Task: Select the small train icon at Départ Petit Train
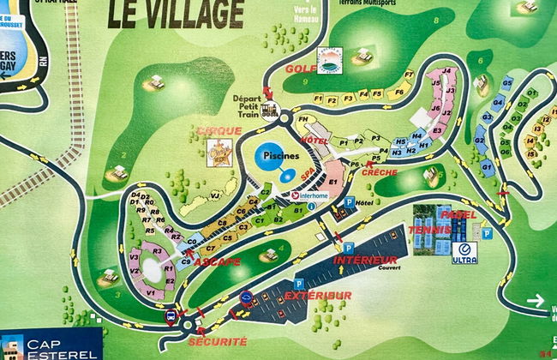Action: click(270, 110)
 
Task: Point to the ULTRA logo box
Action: click(465, 253)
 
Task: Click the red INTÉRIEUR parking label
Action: click(365, 260)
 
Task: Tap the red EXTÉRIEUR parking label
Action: click(319, 296)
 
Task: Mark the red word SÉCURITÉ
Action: click(221, 342)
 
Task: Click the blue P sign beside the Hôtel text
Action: click(349, 203)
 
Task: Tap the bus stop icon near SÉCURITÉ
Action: click(170, 316)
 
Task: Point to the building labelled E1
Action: click(333, 182)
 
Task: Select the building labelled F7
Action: click(410, 75)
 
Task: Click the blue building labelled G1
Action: click(486, 165)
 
